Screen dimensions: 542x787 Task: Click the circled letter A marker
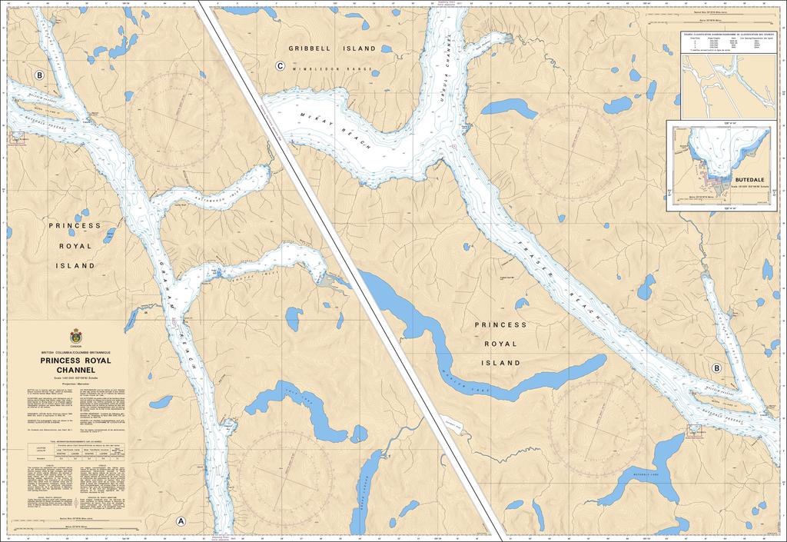coord(181,520)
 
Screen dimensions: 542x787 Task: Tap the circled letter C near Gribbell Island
coord(280,67)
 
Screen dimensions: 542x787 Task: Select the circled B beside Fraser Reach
coord(716,367)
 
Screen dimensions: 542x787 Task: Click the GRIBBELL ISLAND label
coord(332,48)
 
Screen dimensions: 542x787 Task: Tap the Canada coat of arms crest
coord(75,336)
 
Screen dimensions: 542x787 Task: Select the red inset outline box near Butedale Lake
coord(695,431)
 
